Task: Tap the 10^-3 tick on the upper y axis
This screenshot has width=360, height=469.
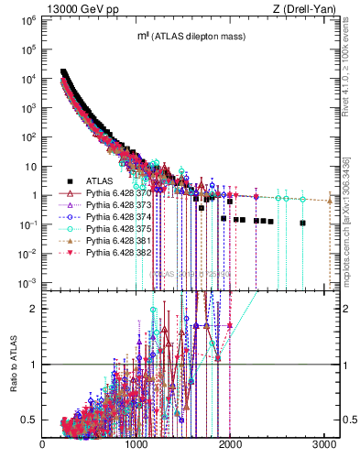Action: click(27, 281)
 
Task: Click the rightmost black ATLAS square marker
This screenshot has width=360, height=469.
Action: click(302, 223)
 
